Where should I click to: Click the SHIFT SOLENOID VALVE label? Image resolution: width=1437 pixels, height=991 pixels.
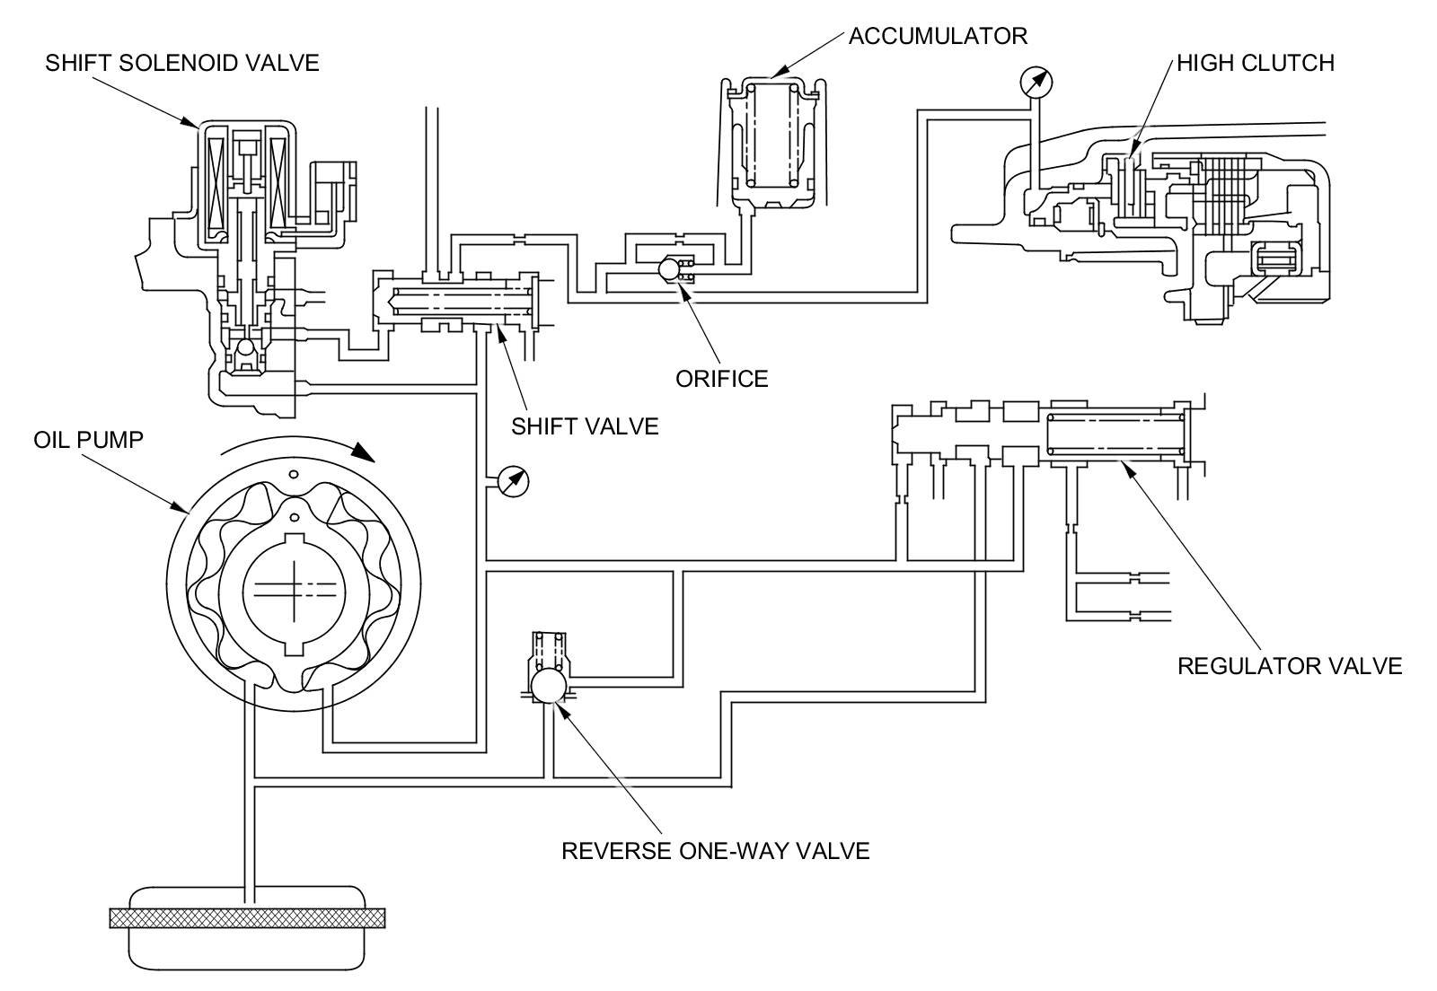[182, 63]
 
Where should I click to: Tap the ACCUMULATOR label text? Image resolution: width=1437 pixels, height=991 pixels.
[938, 36]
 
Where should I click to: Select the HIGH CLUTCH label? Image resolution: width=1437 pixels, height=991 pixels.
[1256, 63]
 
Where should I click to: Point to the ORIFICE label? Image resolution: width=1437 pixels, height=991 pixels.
[722, 379]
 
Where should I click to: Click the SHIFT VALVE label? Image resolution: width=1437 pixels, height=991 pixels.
[585, 426]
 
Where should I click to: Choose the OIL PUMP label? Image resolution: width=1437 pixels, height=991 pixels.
[89, 440]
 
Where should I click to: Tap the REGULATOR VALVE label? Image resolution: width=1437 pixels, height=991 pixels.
[1290, 666]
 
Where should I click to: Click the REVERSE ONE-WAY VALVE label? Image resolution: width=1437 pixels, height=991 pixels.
[716, 851]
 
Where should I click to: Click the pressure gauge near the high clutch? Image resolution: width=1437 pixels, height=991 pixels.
[1036, 83]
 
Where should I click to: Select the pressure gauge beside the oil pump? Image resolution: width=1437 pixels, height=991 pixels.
[513, 481]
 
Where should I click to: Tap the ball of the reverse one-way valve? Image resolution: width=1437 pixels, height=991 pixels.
[550, 685]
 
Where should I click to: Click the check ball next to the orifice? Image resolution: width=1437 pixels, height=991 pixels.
[668, 268]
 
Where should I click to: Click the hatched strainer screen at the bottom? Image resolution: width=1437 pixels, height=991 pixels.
[248, 918]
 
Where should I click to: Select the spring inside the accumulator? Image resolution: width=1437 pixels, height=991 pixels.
[773, 136]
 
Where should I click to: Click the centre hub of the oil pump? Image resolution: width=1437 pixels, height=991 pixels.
[295, 591]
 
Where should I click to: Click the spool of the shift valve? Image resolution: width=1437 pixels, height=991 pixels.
[462, 303]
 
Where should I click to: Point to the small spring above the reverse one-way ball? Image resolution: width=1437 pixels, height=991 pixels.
[550, 650]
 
